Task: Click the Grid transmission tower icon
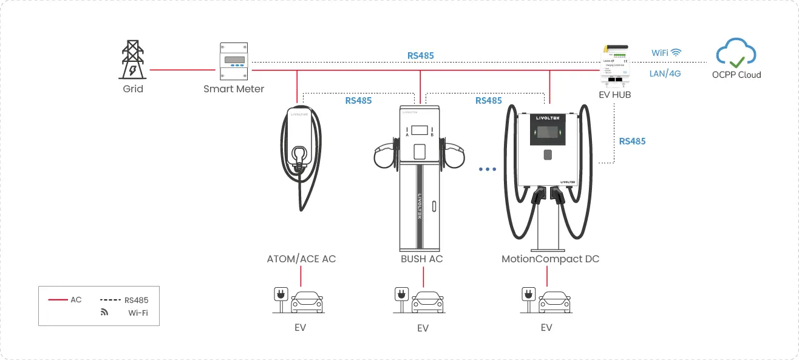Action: coord(132,59)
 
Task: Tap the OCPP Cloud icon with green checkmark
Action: coord(736,53)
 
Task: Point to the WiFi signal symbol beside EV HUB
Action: coord(676,53)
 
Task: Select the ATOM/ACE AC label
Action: coord(301,259)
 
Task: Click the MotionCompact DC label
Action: coord(550,259)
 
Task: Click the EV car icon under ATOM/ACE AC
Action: coord(307,301)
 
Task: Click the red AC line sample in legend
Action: coord(58,300)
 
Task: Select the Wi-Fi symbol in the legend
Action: coord(104,313)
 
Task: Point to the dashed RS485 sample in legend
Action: coord(110,300)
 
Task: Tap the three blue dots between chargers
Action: coord(488,169)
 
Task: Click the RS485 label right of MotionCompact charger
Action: coord(632,141)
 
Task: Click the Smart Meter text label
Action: coord(234,89)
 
